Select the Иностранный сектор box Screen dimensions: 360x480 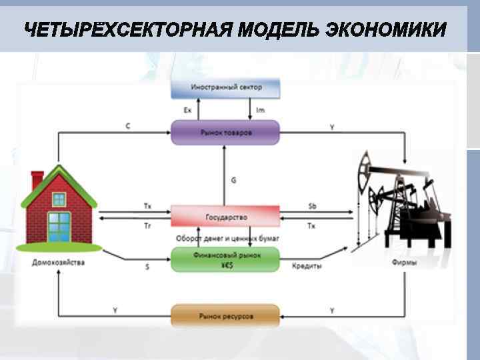click(x=226, y=87)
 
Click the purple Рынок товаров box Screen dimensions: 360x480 click(x=226, y=132)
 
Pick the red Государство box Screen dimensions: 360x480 click(x=226, y=217)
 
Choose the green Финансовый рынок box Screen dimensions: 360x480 click(x=226, y=259)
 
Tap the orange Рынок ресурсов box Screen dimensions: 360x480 click(x=226, y=315)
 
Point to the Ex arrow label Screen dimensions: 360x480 click(x=188, y=110)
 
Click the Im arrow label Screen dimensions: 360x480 click(x=261, y=110)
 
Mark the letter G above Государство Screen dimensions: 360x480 click(x=233, y=180)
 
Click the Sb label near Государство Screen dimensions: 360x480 click(x=312, y=206)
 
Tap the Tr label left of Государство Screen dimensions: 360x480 click(x=147, y=227)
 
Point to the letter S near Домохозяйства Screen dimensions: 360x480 click(x=147, y=267)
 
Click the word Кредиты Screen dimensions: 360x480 click(x=307, y=267)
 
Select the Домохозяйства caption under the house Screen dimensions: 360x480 click(x=59, y=263)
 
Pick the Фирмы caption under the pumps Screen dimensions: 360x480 click(x=405, y=263)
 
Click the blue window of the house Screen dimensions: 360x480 click(x=59, y=226)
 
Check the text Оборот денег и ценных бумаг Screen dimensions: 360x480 click(x=227, y=239)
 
